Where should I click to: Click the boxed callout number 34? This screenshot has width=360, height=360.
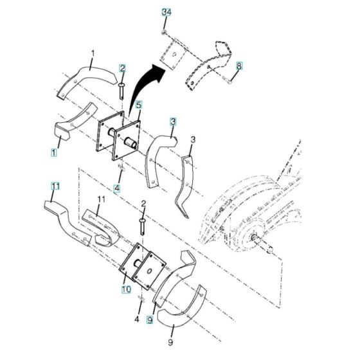(166, 12)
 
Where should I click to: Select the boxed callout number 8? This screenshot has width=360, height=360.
(239, 66)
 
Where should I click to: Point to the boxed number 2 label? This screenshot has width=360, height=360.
(122, 68)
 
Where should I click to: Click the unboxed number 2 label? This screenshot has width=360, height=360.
(143, 204)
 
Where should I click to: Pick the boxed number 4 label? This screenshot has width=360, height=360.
(117, 188)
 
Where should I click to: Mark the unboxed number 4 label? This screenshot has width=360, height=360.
(136, 319)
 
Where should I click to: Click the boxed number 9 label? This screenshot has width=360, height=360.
(150, 319)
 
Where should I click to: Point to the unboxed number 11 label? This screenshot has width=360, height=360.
(99, 201)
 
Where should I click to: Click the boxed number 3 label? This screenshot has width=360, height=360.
(173, 121)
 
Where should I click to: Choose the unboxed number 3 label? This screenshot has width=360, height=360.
(192, 139)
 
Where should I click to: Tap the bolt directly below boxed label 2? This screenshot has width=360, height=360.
(122, 87)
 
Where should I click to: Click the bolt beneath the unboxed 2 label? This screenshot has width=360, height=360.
(142, 225)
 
